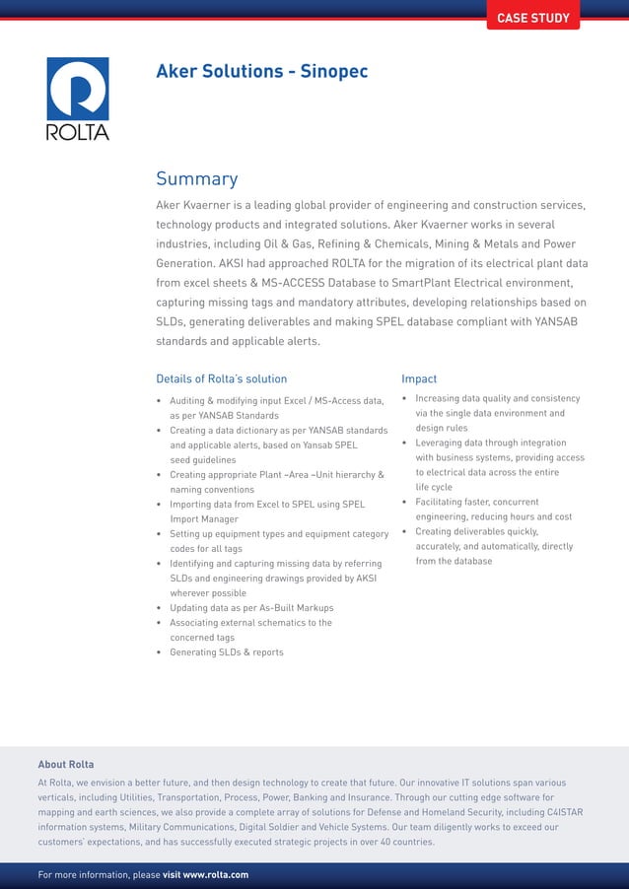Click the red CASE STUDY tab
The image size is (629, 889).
pyautogui.click(x=532, y=18)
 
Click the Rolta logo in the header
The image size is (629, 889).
pyautogui.click(x=78, y=99)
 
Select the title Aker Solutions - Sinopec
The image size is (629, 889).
pyautogui.click(x=261, y=71)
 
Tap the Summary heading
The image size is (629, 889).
pyautogui.click(x=196, y=178)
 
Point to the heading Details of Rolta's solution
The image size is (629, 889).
pyautogui.click(x=221, y=378)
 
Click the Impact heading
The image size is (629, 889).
pyautogui.click(x=419, y=378)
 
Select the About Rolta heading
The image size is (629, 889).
pyautogui.click(x=66, y=764)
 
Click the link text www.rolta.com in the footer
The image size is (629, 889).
pyautogui.click(x=215, y=874)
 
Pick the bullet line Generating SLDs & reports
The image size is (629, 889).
pyautogui.click(x=226, y=652)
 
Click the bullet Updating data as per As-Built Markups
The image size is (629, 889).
pyautogui.click(x=251, y=608)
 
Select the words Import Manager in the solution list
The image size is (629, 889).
pyautogui.click(x=204, y=518)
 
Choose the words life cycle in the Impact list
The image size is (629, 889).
pyautogui.click(x=434, y=487)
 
